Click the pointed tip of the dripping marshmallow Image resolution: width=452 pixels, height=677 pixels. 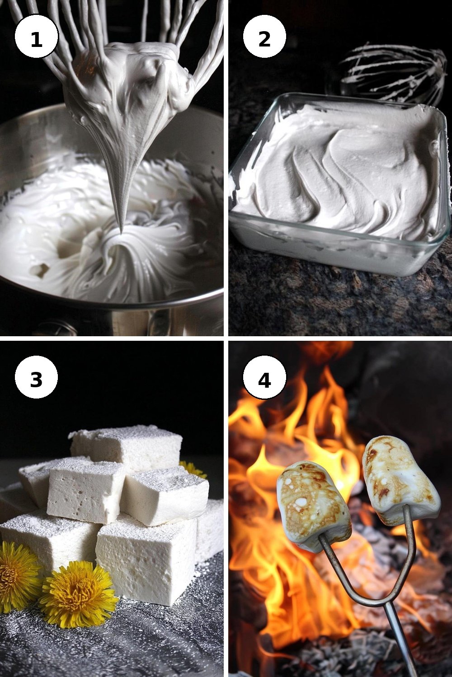coord(122,233)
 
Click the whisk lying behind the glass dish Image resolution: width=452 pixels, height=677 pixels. coord(394,74)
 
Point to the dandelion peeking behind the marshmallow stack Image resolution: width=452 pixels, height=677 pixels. coord(192,469)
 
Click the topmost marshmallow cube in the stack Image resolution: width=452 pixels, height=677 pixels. coord(126,447)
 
